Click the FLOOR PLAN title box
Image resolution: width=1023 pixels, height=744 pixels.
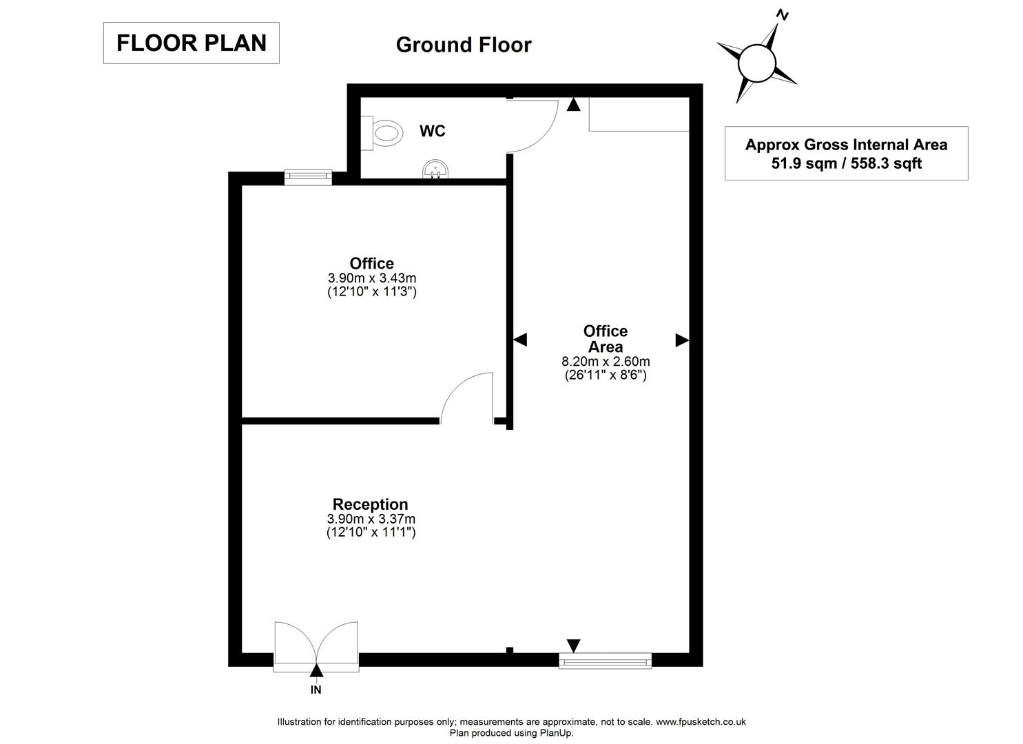(x=191, y=43)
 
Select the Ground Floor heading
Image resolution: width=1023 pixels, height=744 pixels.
(x=463, y=45)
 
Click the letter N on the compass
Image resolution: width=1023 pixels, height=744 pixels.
(x=782, y=15)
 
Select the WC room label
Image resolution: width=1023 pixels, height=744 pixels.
(x=432, y=131)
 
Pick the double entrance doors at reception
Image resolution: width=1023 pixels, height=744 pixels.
(x=316, y=646)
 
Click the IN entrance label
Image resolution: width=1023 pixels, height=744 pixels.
(x=316, y=689)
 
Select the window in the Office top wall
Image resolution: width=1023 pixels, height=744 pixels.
(x=309, y=177)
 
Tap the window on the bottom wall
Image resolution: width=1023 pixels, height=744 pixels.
(x=605, y=661)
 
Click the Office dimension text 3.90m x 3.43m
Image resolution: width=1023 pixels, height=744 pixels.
(x=372, y=278)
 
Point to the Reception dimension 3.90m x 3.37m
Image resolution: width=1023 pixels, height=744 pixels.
(x=371, y=519)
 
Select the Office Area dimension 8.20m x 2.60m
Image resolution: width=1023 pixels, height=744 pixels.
(x=606, y=362)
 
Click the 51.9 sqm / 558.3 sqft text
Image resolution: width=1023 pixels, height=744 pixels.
(x=846, y=163)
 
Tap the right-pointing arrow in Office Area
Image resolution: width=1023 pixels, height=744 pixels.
(x=681, y=340)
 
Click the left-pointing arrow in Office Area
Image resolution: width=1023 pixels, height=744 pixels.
(x=520, y=340)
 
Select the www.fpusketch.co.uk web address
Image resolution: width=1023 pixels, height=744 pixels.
(x=701, y=722)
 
